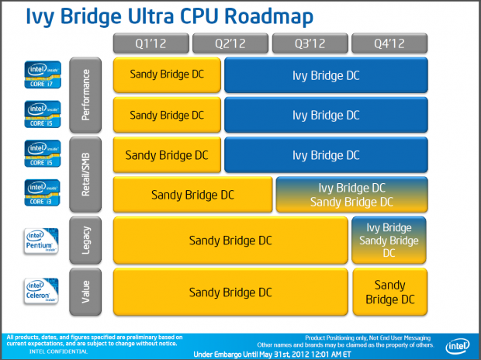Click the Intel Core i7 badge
click(38, 75)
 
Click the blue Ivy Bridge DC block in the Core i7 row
click(325, 75)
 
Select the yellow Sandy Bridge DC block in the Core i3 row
click(192, 195)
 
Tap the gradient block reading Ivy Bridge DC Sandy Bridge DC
click(351, 195)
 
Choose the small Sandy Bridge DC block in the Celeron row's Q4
click(390, 292)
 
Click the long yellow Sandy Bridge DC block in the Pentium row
click(230, 241)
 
